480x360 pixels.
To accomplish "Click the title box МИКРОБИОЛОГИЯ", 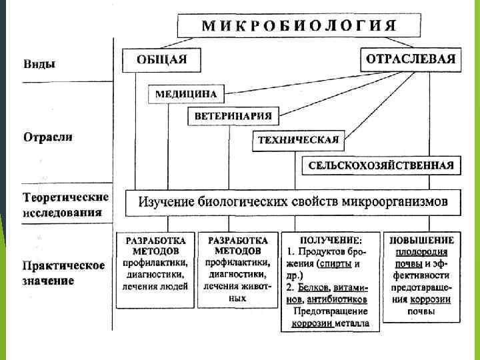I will (299, 26).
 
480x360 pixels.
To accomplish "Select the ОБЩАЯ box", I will (161, 59).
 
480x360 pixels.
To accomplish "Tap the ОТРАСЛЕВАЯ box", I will (411, 59).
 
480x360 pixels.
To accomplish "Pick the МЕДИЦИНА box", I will (186, 94).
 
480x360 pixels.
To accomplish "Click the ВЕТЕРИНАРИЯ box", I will (233, 116).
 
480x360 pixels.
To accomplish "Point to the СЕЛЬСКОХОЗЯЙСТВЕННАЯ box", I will (381, 165).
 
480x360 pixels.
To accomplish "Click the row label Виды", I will (39, 65).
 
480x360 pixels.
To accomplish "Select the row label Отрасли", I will (48, 137).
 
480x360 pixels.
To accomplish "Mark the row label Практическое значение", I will (64, 273).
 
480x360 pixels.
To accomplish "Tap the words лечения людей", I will (155, 287).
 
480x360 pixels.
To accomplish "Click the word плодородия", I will (421, 252).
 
